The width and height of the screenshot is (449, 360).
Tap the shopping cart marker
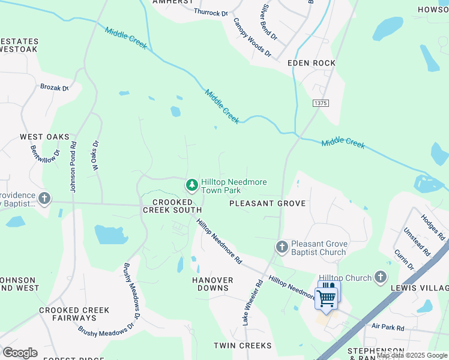click(327, 298)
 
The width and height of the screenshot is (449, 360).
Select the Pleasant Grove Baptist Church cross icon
click(282, 247)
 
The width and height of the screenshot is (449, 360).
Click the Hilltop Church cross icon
click(379, 277)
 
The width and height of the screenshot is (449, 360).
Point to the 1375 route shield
click(321, 103)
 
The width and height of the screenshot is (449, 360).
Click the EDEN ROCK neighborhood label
click(312, 63)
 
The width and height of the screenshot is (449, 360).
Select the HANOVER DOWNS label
click(212, 284)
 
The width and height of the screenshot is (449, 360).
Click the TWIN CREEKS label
click(243, 346)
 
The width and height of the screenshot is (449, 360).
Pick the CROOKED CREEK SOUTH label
click(172, 206)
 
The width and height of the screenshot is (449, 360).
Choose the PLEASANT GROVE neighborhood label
click(268, 203)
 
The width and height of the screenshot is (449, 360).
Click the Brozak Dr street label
click(55, 88)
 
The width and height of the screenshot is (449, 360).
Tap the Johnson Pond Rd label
click(73, 167)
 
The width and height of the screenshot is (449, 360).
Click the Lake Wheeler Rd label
click(253, 303)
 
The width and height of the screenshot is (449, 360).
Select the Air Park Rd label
click(388, 328)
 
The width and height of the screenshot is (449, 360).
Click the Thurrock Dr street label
click(211, 12)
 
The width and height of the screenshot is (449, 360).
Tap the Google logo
click(20, 353)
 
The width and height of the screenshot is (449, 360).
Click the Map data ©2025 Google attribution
click(412, 356)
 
